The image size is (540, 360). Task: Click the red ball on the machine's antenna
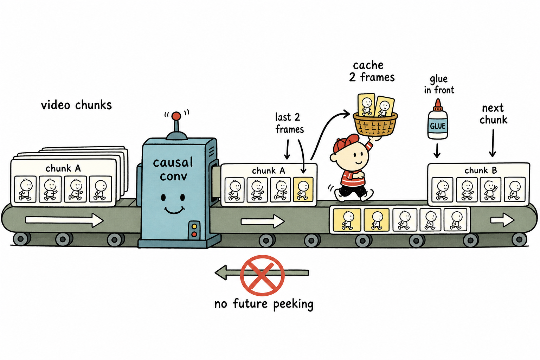click(x=176, y=116)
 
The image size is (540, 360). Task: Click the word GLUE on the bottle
click(x=438, y=126)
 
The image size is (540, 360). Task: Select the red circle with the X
click(x=262, y=275)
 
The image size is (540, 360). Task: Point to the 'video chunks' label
click(x=76, y=105)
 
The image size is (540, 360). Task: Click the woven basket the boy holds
click(x=375, y=124)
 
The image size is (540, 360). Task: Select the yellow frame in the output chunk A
click(x=303, y=189)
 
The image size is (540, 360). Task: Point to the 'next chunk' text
click(x=493, y=114)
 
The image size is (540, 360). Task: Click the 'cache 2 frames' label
click(x=372, y=71)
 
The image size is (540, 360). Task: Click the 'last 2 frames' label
click(x=289, y=123)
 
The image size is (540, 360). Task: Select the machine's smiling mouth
click(x=174, y=210)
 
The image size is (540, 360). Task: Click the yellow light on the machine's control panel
click(x=194, y=226)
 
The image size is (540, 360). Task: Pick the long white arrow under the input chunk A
click(x=64, y=220)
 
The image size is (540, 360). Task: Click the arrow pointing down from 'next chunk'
click(x=493, y=143)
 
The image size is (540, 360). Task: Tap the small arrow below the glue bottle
click(x=437, y=151)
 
